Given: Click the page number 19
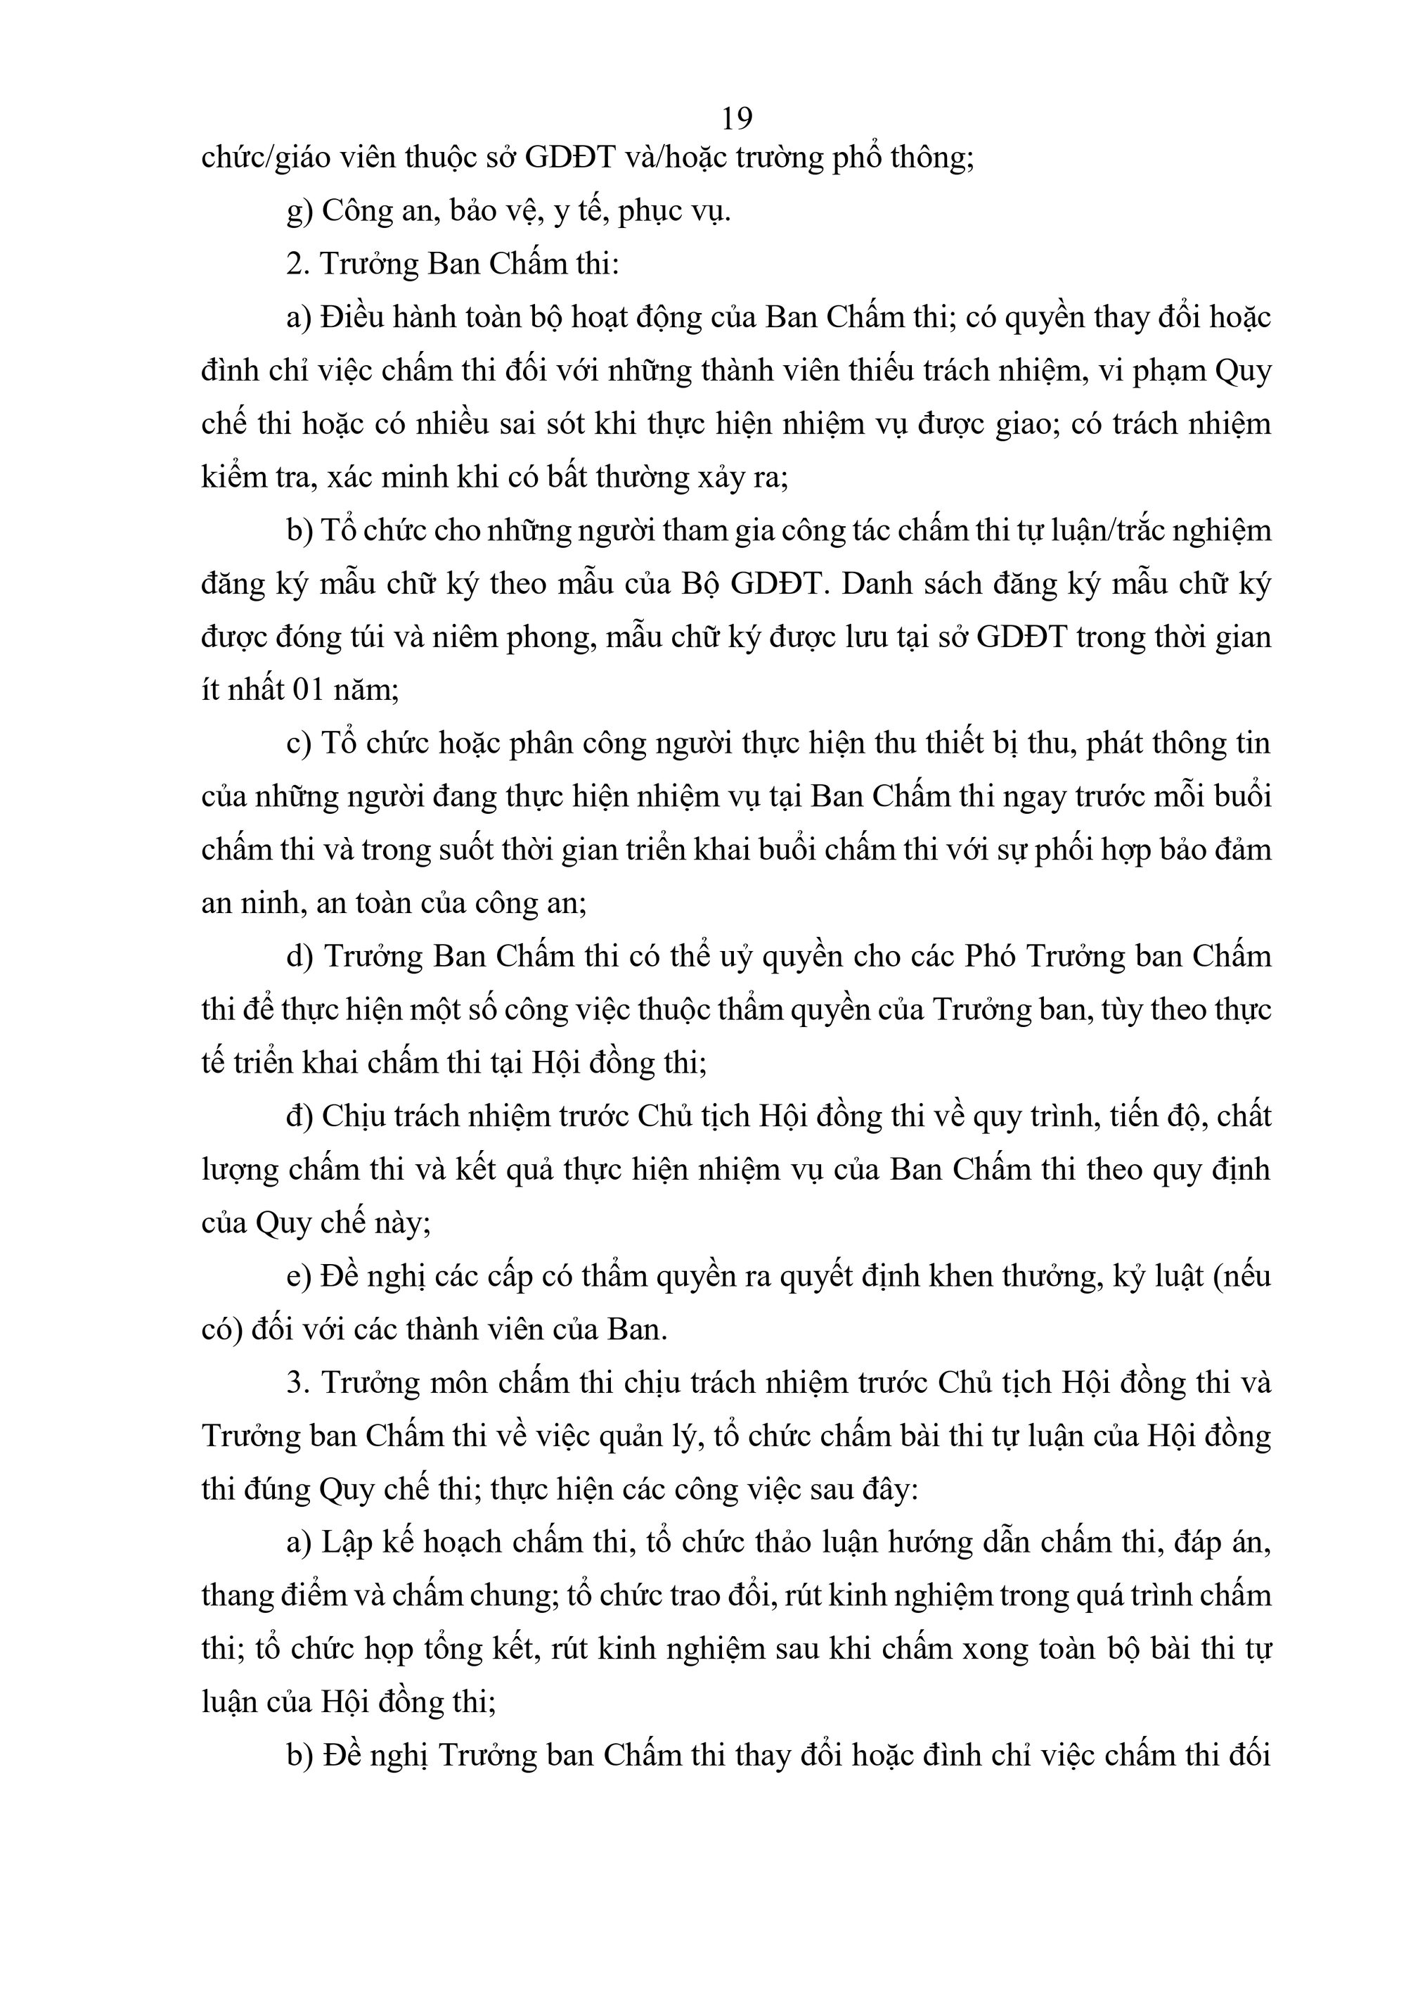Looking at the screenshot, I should (x=736, y=118).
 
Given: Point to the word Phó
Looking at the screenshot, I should (x=992, y=956).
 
